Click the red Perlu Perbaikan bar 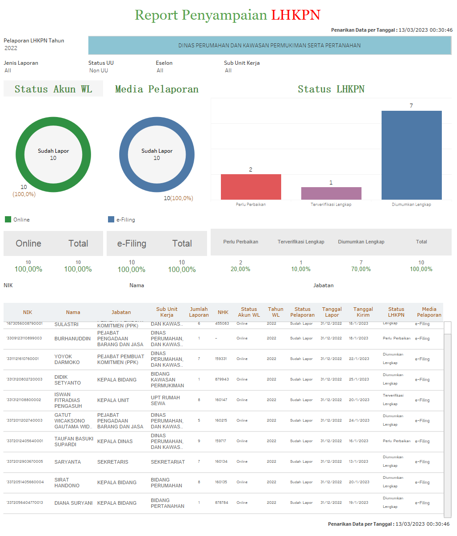click(x=251, y=187)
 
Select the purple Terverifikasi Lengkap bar click(x=331, y=193)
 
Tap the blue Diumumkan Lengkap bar click(x=411, y=155)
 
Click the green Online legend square click(x=8, y=219)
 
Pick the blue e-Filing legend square click(x=111, y=219)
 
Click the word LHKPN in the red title click(x=295, y=15)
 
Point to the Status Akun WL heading click(x=53, y=89)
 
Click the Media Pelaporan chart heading click(x=157, y=89)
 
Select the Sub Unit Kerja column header click(x=166, y=312)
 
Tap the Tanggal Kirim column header click(x=363, y=312)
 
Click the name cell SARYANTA click(x=67, y=462)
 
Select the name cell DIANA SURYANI click(x=74, y=503)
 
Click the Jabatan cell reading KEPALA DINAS click(x=115, y=441)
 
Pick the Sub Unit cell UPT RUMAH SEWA click(x=165, y=400)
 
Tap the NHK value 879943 click(x=222, y=379)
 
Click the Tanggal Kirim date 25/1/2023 click(x=359, y=379)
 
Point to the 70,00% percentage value click(x=361, y=269)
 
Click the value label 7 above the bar click(x=411, y=106)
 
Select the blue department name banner click(x=270, y=45)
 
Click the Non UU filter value click(x=99, y=70)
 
